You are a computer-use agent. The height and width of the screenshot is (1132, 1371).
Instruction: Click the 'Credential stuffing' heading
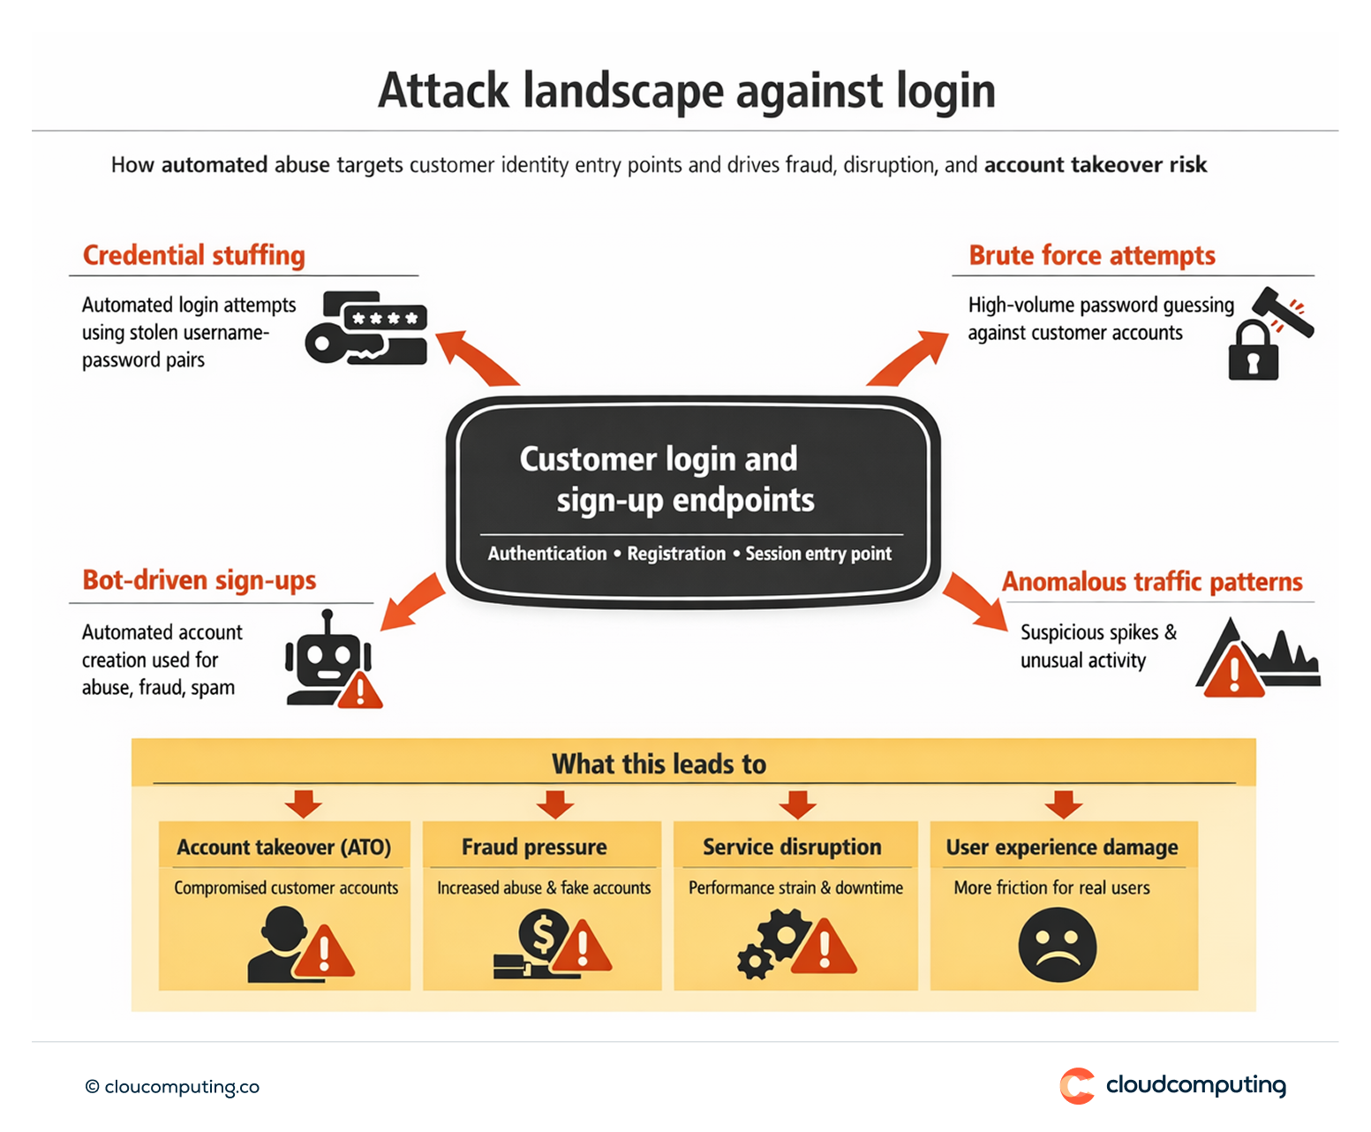(193, 255)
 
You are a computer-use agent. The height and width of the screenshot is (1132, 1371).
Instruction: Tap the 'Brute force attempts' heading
(1091, 255)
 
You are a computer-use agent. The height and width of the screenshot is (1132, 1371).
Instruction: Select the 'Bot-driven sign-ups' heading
(199, 580)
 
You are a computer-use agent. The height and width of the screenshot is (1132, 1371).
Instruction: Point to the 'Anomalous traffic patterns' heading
(1151, 582)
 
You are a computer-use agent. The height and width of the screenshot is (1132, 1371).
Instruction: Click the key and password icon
(366, 328)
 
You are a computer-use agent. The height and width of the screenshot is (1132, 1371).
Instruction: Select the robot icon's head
(327, 657)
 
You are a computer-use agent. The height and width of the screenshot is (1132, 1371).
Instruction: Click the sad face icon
(1057, 946)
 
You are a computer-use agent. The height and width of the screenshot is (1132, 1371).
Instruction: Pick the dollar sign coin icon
(542, 934)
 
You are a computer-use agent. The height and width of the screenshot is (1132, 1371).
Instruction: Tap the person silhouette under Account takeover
(278, 947)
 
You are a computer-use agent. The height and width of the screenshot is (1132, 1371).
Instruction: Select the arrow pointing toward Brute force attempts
(908, 358)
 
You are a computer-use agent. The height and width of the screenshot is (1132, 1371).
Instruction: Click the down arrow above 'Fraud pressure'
(555, 804)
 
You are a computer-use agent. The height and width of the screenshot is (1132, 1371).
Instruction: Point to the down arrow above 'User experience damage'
(1064, 804)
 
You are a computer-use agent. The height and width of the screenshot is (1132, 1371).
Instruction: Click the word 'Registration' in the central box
(676, 554)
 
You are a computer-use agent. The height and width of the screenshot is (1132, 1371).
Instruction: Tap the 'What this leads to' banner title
(659, 764)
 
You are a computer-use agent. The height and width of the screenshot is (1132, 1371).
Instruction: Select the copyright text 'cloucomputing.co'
(181, 1087)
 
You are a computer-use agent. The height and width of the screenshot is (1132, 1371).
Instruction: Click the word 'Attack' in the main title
(443, 91)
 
